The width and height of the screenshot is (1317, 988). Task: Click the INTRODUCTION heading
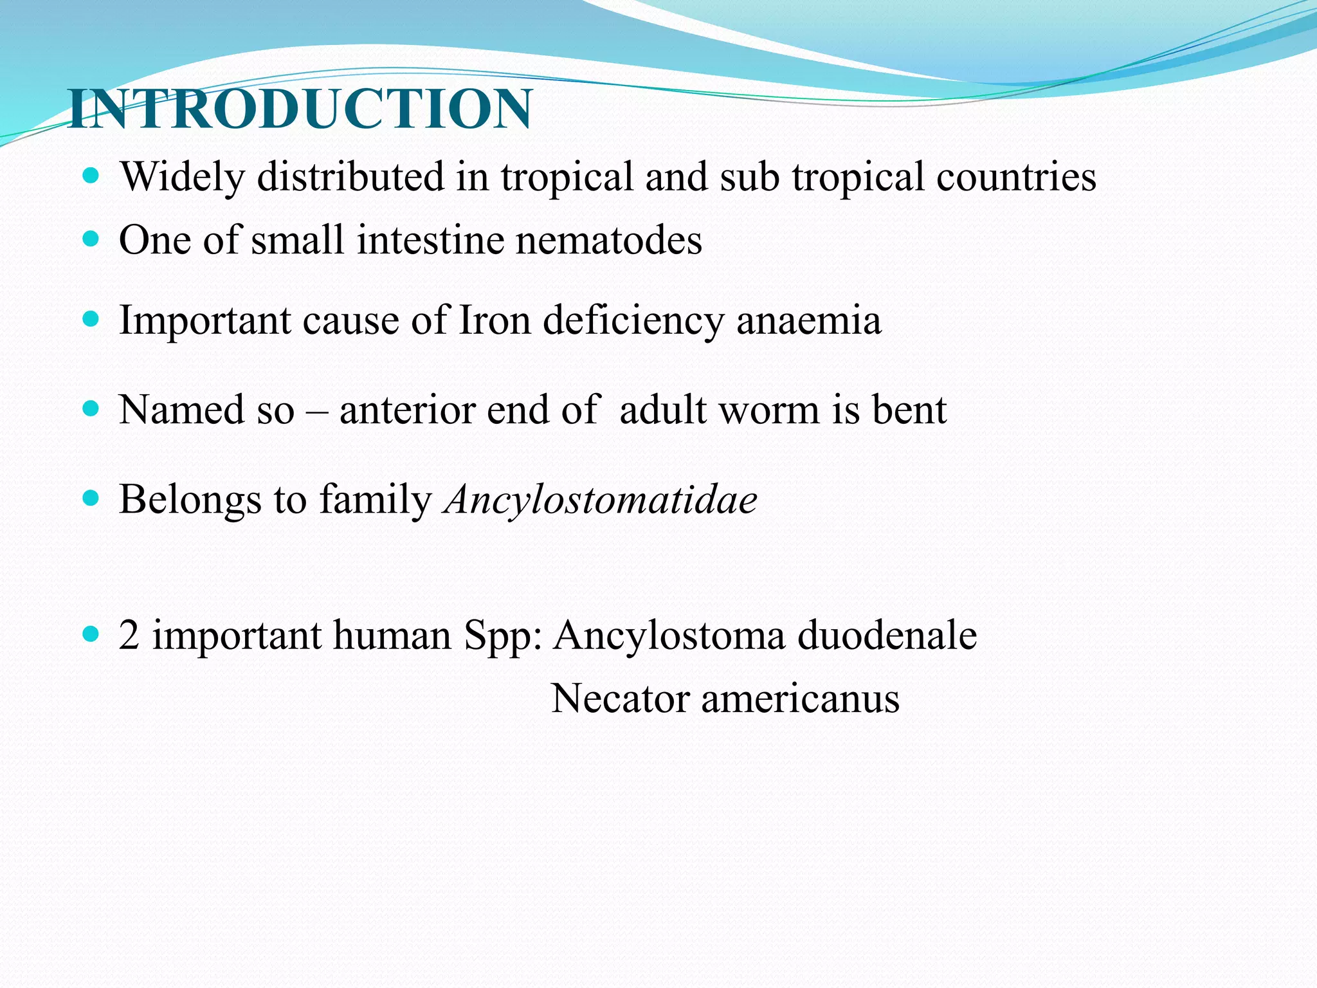coord(300,109)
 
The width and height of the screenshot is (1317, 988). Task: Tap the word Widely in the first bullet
coord(182,177)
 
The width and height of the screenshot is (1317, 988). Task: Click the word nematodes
coord(608,241)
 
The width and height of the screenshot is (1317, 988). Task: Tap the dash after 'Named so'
coord(316,410)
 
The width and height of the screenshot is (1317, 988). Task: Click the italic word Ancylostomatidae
coord(601,500)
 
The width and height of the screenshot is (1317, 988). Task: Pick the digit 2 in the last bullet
coord(129,636)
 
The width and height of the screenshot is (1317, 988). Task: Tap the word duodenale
coord(887,636)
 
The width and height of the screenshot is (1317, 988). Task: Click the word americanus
coord(800,699)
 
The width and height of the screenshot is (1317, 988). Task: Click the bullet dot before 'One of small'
coord(91,239)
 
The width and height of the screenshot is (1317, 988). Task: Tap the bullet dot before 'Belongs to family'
coord(91,498)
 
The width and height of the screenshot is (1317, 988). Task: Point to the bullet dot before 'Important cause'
coord(91,319)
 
